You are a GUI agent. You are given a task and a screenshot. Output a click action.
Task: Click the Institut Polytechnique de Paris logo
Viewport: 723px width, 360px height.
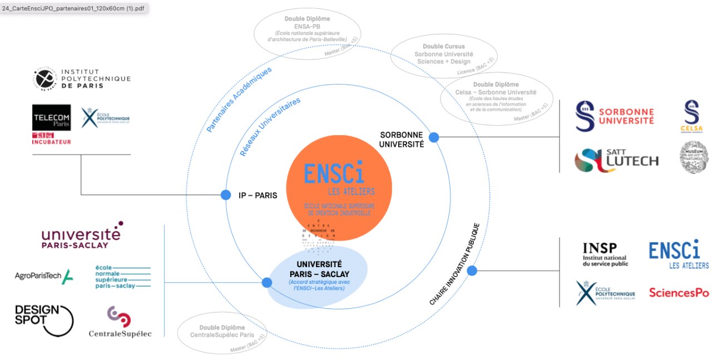click(81, 79)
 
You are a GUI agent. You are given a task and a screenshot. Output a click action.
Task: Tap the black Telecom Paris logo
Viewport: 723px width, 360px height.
click(51, 118)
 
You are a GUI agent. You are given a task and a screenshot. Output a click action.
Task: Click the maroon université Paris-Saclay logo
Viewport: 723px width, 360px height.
click(81, 235)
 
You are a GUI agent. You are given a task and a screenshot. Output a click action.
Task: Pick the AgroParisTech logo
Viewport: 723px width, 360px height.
click(43, 276)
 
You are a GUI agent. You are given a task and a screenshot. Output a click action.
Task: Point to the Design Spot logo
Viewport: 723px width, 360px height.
click(43, 320)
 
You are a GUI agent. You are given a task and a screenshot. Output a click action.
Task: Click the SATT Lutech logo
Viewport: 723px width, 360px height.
click(616, 160)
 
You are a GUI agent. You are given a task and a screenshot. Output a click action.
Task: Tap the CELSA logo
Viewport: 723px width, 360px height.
click(691, 116)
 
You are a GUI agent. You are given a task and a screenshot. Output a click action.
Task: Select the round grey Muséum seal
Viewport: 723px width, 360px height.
click(693, 157)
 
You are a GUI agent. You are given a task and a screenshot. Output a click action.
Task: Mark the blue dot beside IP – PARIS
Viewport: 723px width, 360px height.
click(226, 195)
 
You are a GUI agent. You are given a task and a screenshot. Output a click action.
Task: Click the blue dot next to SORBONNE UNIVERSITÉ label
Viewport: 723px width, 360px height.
click(434, 137)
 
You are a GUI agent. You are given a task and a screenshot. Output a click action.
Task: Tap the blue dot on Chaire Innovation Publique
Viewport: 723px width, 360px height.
click(472, 271)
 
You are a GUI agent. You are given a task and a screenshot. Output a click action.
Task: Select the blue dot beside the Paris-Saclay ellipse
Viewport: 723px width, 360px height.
click(267, 282)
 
